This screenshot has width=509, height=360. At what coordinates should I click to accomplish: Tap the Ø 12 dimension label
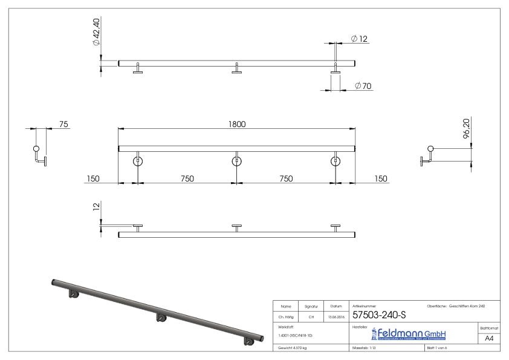click(360, 39)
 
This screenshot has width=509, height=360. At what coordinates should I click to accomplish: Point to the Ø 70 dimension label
click(363, 86)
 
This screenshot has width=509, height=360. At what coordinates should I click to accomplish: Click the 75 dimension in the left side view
click(63, 124)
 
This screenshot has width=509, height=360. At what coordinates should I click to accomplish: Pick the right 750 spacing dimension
click(285, 178)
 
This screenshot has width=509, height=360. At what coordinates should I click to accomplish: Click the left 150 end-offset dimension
click(92, 178)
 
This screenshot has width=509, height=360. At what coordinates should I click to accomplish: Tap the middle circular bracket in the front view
click(236, 161)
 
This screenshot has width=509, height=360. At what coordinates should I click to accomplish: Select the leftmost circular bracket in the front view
click(138, 161)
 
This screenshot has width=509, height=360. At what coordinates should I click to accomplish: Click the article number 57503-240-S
click(380, 316)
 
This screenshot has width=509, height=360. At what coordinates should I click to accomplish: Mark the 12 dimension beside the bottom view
click(96, 207)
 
